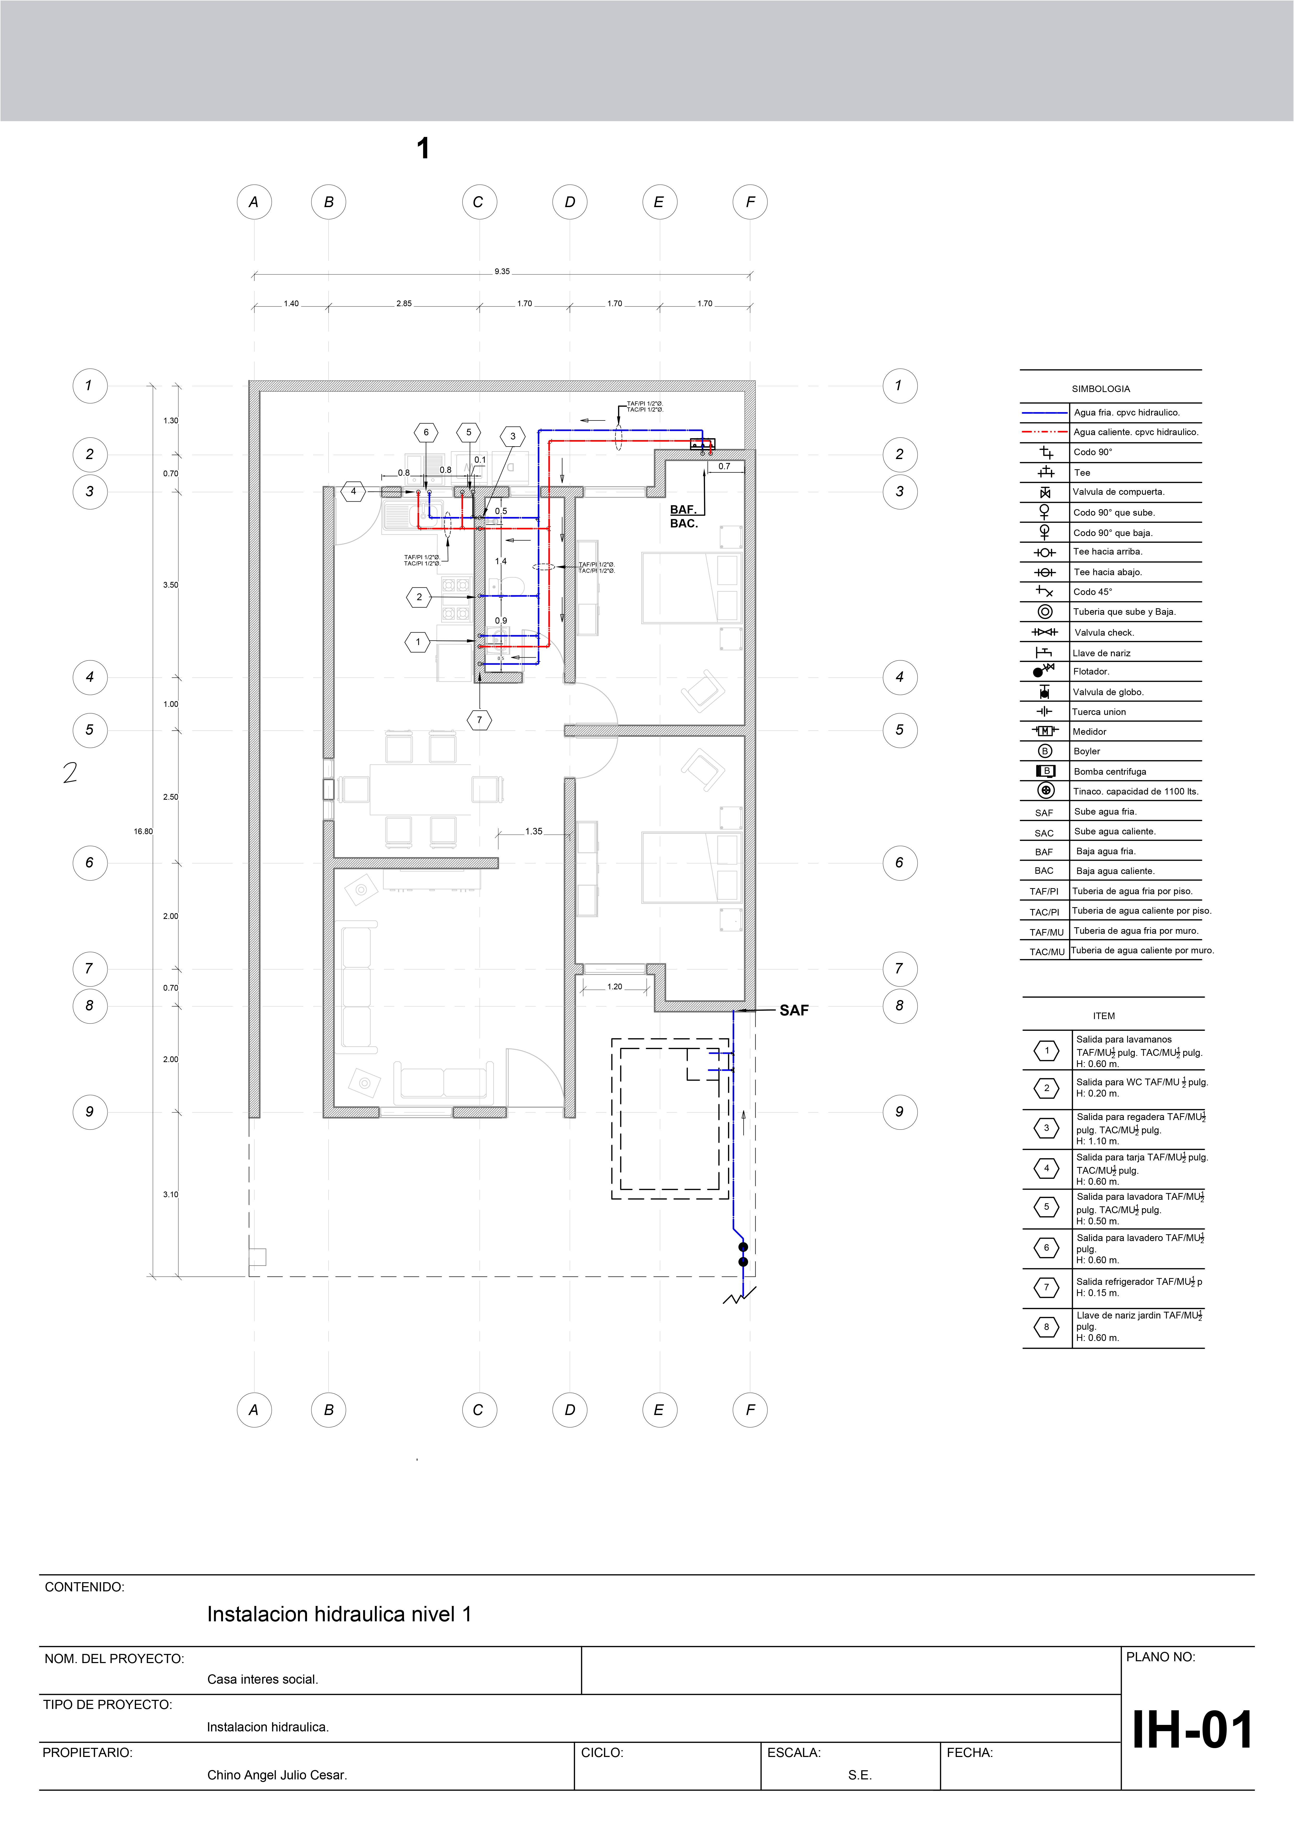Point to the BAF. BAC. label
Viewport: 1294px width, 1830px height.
(684, 516)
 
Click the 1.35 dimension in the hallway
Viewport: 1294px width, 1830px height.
(533, 831)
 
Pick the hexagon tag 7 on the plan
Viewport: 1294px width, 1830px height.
(479, 720)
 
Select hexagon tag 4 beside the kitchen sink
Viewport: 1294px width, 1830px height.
(353, 492)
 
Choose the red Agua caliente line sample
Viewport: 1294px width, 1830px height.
(1044, 432)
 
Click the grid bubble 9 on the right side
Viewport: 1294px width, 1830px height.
(899, 1112)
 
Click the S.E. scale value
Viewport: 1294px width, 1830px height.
(859, 1775)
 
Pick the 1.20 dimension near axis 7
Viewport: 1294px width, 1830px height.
(615, 987)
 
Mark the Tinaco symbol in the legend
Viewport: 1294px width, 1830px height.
(1045, 791)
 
